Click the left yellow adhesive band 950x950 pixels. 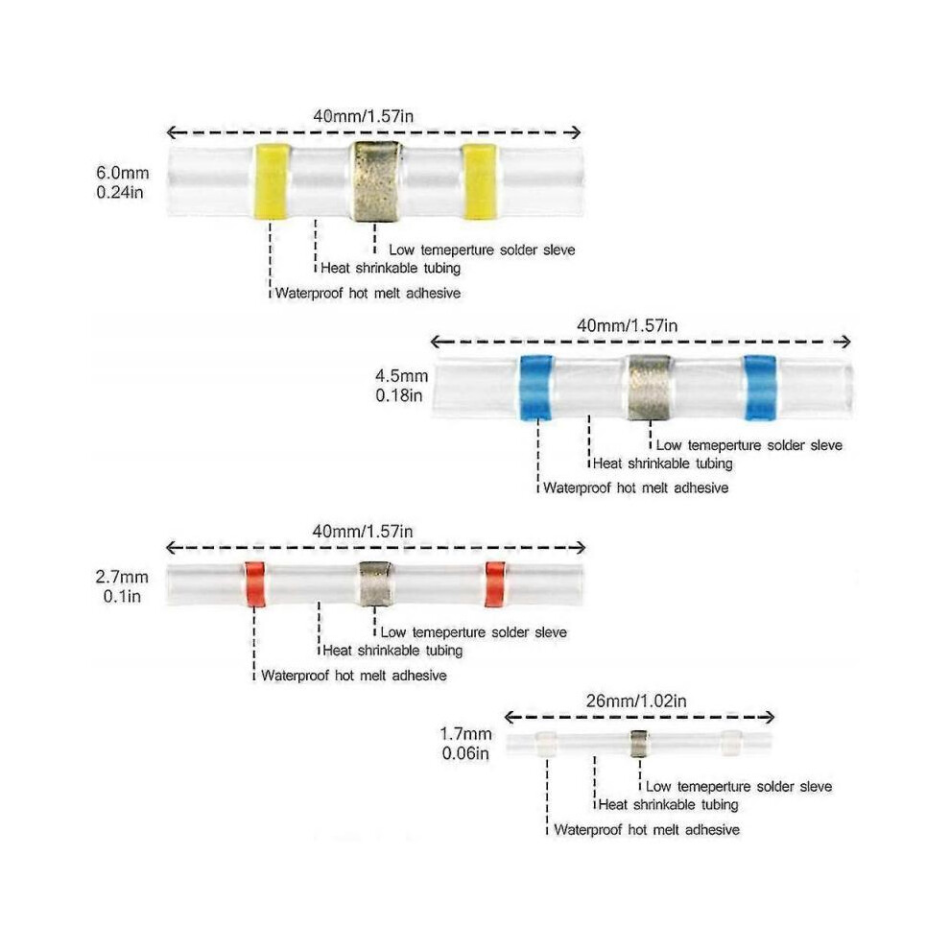tap(271, 180)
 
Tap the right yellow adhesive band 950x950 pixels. tap(480, 180)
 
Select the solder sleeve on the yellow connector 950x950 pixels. tap(376, 181)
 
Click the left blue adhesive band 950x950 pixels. tap(536, 387)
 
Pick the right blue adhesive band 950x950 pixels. tap(760, 387)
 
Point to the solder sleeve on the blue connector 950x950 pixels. tap(650, 388)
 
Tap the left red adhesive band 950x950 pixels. tap(255, 584)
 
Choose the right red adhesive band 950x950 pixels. tap(495, 584)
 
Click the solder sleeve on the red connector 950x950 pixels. tap(375, 584)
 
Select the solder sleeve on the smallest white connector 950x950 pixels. tap(639, 744)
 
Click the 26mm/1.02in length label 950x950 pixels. tap(636, 701)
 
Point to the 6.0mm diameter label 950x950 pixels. tap(123, 173)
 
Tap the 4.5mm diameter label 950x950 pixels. tap(402, 375)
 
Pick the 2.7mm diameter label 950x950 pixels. tap(122, 577)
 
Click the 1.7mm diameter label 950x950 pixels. tap(465, 734)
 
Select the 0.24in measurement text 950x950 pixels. tap(120, 192)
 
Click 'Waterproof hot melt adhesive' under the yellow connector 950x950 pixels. tap(368, 294)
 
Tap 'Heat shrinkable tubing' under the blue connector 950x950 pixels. tap(663, 463)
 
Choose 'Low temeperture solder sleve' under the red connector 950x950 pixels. tap(474, 632)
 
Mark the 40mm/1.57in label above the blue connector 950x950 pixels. tap(627, 326)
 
